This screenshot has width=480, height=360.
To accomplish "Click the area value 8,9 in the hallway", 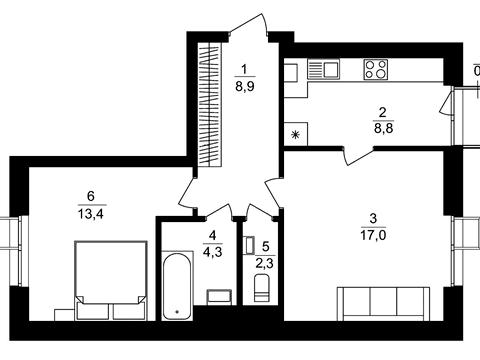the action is [x=245, y=87].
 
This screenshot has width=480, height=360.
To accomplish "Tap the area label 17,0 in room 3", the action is [x=373, y=235].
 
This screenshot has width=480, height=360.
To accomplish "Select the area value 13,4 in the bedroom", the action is [x=91, y=214].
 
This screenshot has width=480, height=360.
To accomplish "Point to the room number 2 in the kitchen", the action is [x=383, y=112].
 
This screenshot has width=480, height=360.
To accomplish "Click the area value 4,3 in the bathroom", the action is [x=212, y=252].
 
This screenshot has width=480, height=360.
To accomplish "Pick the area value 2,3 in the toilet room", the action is [x=264, y=263].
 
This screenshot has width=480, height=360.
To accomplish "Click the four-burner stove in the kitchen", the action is [x=376, y=69].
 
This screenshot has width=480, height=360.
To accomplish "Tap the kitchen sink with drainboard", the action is [x=323, y=69].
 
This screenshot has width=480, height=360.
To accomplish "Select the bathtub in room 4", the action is [x=177, y=286].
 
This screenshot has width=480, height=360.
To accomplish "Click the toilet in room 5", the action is [x=261, y=288].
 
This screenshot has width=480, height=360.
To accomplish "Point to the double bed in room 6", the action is [x=111, y=281].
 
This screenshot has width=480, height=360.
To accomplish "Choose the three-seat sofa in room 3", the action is [x=383, y=303].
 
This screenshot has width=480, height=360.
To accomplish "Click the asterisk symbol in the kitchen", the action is [x=295, y=135].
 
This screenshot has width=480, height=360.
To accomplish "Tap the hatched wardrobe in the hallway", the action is [x=210, y=104].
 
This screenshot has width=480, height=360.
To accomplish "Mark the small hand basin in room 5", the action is [x=249, y=245].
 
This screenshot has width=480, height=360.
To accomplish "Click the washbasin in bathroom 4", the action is [x=219, y=297].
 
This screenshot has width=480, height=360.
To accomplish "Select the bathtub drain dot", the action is [x=177, y=312].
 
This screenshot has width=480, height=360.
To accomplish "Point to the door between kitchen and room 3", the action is [x=358, y=156].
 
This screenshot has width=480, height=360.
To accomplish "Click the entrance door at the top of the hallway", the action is [x=248, y=25].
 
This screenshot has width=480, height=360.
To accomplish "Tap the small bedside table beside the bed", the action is [x=65, y=315].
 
